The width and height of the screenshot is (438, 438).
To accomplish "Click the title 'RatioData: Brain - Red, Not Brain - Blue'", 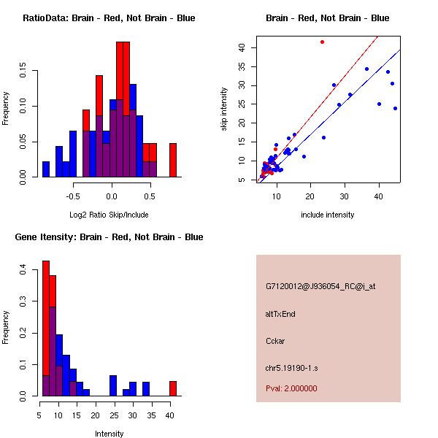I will tap(109, 18).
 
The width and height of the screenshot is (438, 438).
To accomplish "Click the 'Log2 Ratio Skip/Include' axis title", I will tap(109, 214).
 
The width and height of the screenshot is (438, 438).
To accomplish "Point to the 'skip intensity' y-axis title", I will tap(224, 109).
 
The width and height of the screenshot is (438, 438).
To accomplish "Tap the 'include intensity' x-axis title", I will tap(327, 215).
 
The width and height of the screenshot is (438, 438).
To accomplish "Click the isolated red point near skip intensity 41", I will tap(322, 42).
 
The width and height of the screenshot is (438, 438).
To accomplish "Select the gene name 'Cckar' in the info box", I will tap(274, 340).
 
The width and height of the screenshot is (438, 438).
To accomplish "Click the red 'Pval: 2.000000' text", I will tap(291, 388).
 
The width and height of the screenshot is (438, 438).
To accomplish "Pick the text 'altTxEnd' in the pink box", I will tap(280, 314).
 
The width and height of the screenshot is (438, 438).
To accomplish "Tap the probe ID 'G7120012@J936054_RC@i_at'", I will tap(315, 287).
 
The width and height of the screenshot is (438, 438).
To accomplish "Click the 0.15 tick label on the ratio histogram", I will tap(24, 72).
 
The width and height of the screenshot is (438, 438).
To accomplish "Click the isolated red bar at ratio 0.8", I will tap(173, 160).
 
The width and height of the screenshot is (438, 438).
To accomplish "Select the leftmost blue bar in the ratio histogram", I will tap(46, 169).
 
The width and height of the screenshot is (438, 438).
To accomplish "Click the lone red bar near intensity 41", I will tap(173, 388).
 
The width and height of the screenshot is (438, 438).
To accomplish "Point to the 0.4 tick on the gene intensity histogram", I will tap(24, 269).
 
